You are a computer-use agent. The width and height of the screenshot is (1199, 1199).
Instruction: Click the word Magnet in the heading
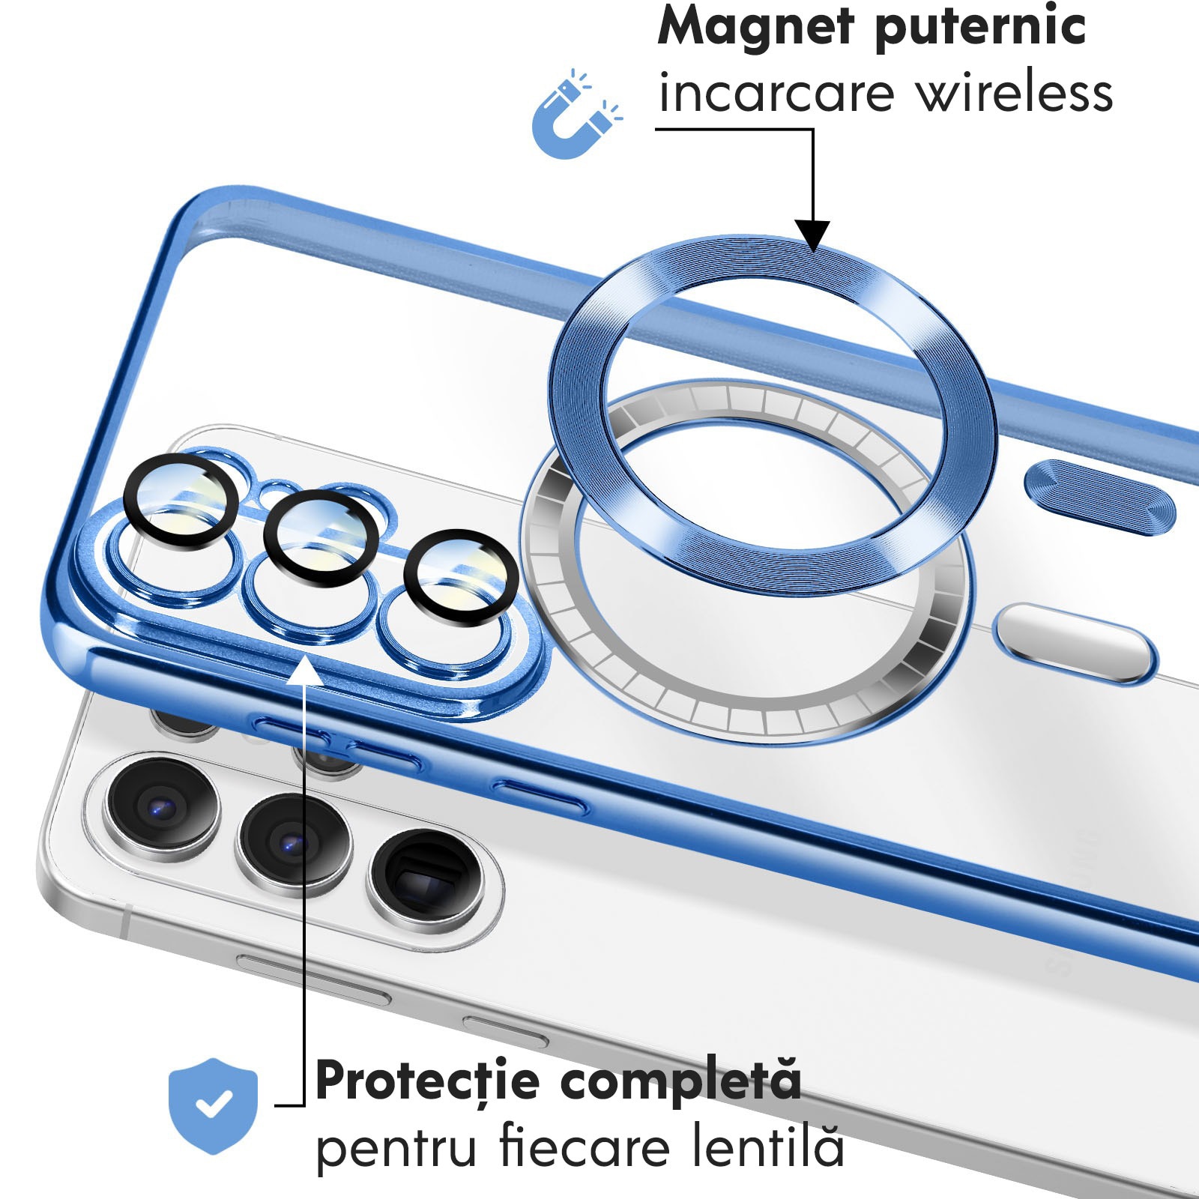pyautogui.click(x=756, y=27)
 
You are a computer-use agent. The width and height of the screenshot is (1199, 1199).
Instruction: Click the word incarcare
pyautogui.click(x=776, y=93)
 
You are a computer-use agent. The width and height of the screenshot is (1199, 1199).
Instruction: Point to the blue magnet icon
pyautogui.click(x=576, y=115)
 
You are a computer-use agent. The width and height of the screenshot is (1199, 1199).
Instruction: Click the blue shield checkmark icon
pyautogui.click(x=214, y=1105)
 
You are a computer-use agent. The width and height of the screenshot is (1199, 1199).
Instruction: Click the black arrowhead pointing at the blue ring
pyautogui.click(x=812, y=235)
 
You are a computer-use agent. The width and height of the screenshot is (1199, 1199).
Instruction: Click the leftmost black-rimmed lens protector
pyautogui.click(x=181, y=500)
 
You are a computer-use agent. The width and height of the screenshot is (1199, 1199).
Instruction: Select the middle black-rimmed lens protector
pyautogui.click(x=321, y=538)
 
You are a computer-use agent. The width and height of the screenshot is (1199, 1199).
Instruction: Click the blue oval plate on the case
pyautogui.click(x=1100, y=497)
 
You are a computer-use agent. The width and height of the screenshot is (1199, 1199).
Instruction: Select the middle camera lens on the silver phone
pyautogui.click(x=293, y=845)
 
